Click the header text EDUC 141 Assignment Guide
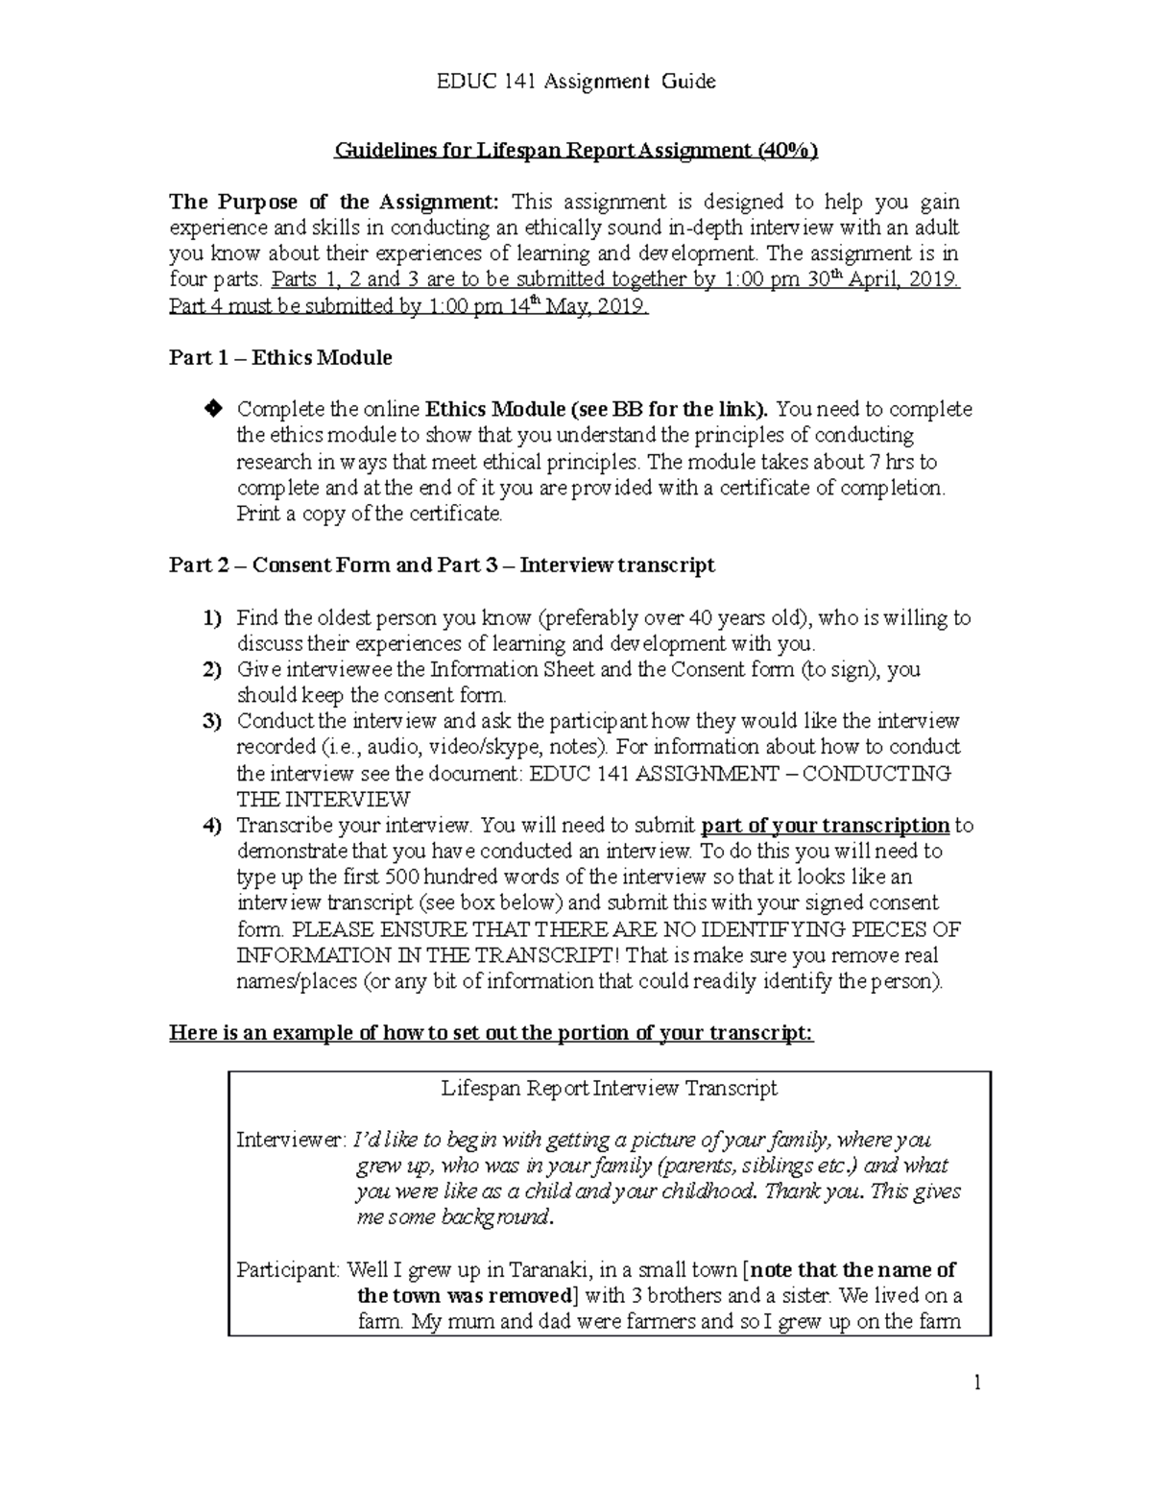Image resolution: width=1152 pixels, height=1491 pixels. tap(576, 82)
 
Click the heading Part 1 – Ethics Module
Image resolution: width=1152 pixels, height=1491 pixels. tap(280, 358)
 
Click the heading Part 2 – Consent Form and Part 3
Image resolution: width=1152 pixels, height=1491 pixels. tap(442, 565)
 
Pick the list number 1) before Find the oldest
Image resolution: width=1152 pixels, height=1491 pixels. tap(211, 618)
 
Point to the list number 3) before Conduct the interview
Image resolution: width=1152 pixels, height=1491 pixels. tap(211, 721)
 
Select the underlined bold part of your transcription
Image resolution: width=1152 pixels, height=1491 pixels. tap(826, 826)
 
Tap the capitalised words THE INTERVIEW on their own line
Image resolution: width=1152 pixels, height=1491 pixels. tap(324, 800)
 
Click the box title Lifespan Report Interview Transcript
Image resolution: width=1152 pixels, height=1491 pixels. tap(609, 1089)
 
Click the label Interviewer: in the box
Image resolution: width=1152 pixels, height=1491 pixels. tap(290, 1141)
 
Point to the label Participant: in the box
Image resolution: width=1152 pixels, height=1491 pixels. tap(288, 1270)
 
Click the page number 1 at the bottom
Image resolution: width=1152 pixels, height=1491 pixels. tap(976, 1383)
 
